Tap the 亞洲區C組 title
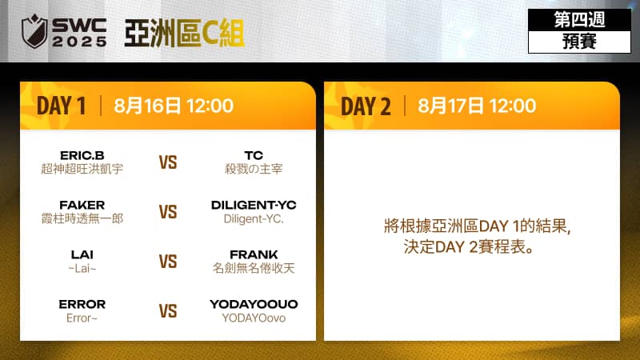pyautogui.click(x=185, y=32)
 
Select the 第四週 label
pyautogui.click(x=578, y=20)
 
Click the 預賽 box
pyautogui.click(x=578, y=42)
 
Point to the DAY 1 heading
pyautogui.click(x=61, y=106)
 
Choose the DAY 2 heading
pyautogui.click(x=366, y=106)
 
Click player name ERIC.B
pyautogui.click(x=82, y=155)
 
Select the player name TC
pyautogui.click(x=254, y=155)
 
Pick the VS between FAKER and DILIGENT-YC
pyautogui.click(x=168, y=212)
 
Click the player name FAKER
pyautogui.click(x=82, y=205)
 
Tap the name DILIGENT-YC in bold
pyautogui.click(x=254, y=205)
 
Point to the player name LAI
pyautogui.click(x=82, y=254)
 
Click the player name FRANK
pyautogui.click(x=254, y=254)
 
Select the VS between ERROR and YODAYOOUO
pyautogui.click(x=168, y=311)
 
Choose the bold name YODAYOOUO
pyautogui.click(x=254, y=304)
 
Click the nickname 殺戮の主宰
pyautogui.click(x=254, y=169)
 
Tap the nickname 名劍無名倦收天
pyautogui.click(x=254, y=268)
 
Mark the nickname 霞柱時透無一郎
pyautogui.click(x=82, y=218)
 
